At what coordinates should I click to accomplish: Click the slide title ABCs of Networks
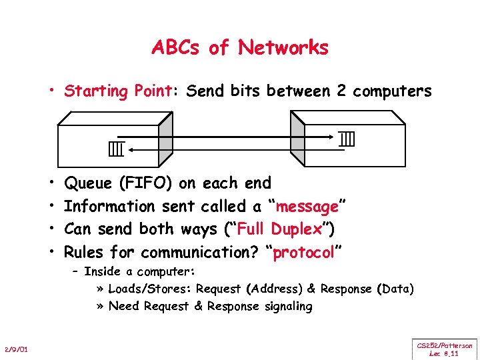tap(240, 48)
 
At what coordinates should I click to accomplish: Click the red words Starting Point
tap(118, 91)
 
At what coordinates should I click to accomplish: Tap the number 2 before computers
tap(341, 91)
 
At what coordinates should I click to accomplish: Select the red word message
tap(307, 207)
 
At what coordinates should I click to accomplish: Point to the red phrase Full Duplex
tap(279, 229)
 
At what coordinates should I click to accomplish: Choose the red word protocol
tap(303, 253)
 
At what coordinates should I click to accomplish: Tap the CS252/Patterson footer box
tap(445, 349)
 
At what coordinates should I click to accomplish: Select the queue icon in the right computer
tap(346, 139)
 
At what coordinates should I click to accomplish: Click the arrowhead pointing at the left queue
tap(131, 149)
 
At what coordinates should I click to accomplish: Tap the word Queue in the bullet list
tap(88, 183)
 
